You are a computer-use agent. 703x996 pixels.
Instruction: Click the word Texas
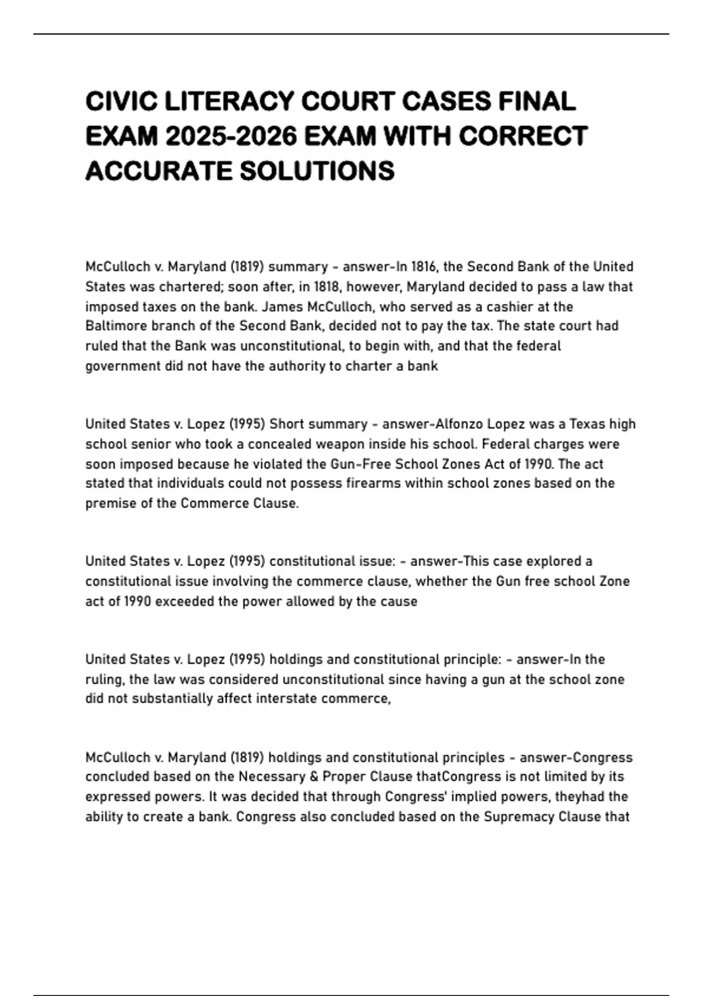(x=588, y=424)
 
